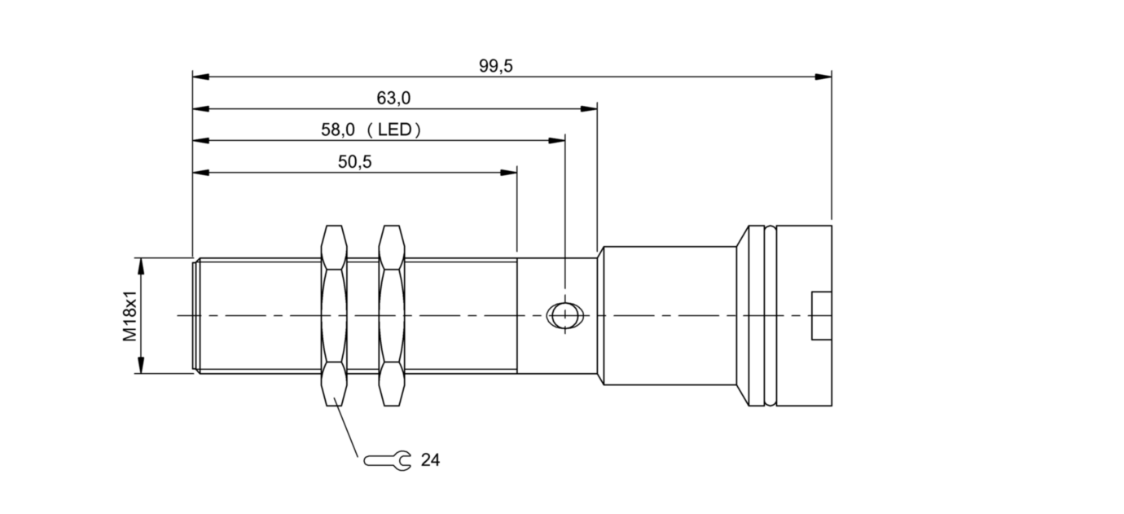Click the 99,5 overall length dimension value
(495, 67)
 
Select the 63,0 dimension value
(393, 99)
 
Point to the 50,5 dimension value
(354, 162)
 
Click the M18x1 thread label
(130, 316)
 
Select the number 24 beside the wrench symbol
(430, 460)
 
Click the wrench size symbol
(388, 460)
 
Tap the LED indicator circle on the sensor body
(563, 315)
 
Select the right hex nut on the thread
(392, 315)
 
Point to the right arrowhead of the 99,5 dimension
(824, 77)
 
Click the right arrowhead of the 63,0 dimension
(590, 108)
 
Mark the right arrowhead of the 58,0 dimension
(558, 140)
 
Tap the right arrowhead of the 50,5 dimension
(510, 172)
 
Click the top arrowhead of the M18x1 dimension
(142, 266)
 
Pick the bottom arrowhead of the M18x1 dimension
(142, 367)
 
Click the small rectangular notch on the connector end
(821, 315)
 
